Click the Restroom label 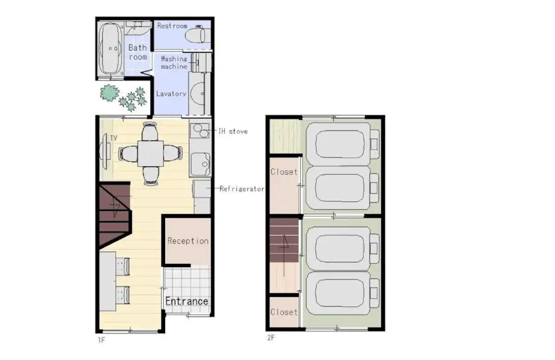point(172,26)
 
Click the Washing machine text point(174,63)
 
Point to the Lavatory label point(171,94)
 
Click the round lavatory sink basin point(198,94)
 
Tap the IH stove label point(233,131)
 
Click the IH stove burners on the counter point(201,131)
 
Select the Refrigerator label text point(242,189)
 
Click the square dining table point(151,153)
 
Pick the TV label point(113,138)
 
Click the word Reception point(188,241)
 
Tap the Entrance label point(186,301)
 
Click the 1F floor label point(101,340)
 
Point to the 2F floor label point(271,337)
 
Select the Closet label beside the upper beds point(284,171)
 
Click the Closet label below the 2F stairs point(284,312)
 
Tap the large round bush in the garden point(109,93)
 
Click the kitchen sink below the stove point(201,164)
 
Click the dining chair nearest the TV point(129,154)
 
